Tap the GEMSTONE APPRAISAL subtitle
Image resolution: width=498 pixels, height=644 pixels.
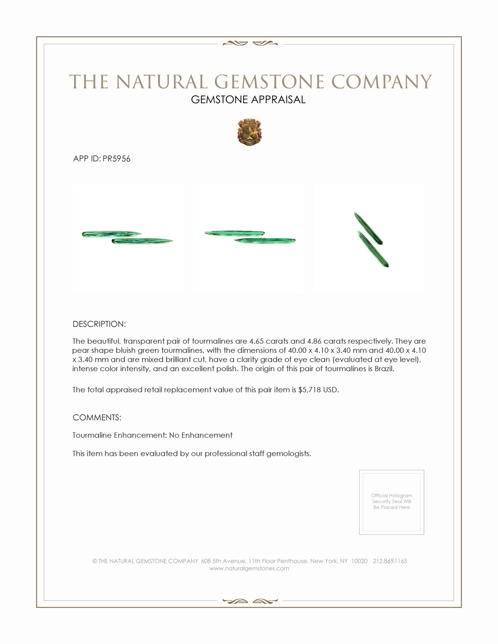[x=248, y=100]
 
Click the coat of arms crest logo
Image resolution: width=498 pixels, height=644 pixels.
[x=249, y=132]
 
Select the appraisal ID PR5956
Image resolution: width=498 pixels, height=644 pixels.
[x=116, y=159]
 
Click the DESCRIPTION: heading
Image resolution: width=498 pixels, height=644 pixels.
[x=99, y=324]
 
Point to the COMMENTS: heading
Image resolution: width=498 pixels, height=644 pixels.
[x=97, y=417]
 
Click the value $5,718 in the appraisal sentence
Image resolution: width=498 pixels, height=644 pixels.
[x=309, y=390]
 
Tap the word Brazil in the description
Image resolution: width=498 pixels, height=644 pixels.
[x=384, y=369]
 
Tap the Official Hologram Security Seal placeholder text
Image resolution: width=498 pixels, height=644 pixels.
[x=391, y=501]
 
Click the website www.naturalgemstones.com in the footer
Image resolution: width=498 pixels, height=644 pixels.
[x=249, y=568]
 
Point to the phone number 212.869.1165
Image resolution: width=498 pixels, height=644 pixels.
[x=390, y=561]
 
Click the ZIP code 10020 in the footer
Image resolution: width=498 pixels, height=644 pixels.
[x=359, y=561]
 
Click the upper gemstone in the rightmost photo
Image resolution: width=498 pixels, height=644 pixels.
[x=368, y=228]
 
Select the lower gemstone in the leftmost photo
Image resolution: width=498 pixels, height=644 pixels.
[x=142, y=241]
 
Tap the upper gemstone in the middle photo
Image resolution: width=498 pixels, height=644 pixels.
[x=234, y=233]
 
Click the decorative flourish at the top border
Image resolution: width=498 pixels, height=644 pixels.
[x=250, y=44]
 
